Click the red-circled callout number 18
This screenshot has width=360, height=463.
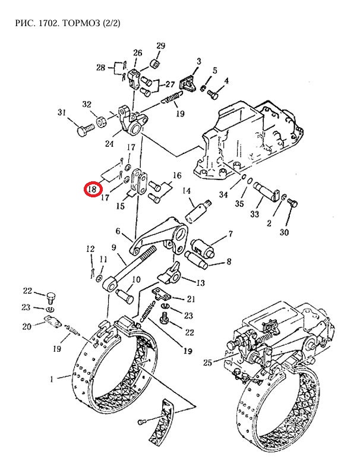pyautogui.click(x=92, y=189)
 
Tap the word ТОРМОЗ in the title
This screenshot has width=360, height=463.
pyautogui.click(x=81, y=23)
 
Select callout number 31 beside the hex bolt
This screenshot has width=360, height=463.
pyautogui.click(x=62, y=112)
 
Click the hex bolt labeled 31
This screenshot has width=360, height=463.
pyautogui.click(x=86, y=129)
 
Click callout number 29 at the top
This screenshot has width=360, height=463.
pyautogui.click(x=160, y=46)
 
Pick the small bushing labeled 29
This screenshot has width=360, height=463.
pyautogui.click(x=154, y=64)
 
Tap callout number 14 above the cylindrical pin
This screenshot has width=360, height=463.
pyautogui.click(x=187, y=191)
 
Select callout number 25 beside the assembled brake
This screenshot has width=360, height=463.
pyautogui.click(x=208, y=362)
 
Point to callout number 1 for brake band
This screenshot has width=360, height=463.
pyautogui.click(x=52, y=379)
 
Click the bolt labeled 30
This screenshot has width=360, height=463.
pyautogui.click(x=292, y=203)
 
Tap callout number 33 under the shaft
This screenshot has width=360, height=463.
pyautogui.click(x=255, y=213)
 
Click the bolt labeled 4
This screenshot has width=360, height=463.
pyautogui.click(x=213, y=94)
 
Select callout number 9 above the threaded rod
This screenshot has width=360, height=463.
pyautogui.click(x=114, y=247)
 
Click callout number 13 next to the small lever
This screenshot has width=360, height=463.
pyautogui.click(x=200, y=282)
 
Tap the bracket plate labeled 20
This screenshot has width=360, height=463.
pyautogui.click(x=52, y=321)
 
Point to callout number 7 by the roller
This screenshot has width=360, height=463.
pyautogui.click(x=230, y=234)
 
